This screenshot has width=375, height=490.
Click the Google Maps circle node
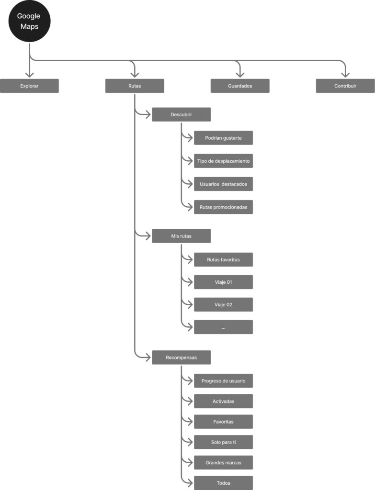[29, 22]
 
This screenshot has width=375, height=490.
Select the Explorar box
[29, 86]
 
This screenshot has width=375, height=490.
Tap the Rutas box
[135, 86]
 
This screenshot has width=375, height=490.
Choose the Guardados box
[240, 86]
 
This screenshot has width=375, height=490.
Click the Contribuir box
[345, 86]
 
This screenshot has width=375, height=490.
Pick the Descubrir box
[181, 115]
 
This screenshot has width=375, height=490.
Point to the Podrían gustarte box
[223, 138]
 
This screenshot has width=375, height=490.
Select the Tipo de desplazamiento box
[223, 161]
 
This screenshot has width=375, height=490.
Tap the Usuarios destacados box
[223, 184]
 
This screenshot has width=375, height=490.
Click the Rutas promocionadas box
[223, 207]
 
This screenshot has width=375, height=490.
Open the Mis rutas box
[181, 236]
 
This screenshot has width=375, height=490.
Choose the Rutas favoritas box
[223, 260]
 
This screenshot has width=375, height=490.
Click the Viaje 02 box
[223, 305]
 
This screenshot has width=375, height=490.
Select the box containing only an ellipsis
[223, 327]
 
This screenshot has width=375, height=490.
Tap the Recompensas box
[181, 357]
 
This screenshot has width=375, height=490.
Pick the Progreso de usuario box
[223, 381]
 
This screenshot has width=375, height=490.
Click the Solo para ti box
[223, 442]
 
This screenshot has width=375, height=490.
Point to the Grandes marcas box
[223, 463]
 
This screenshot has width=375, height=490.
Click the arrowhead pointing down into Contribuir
[345, 74]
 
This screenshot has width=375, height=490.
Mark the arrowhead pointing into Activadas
[188, 401]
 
